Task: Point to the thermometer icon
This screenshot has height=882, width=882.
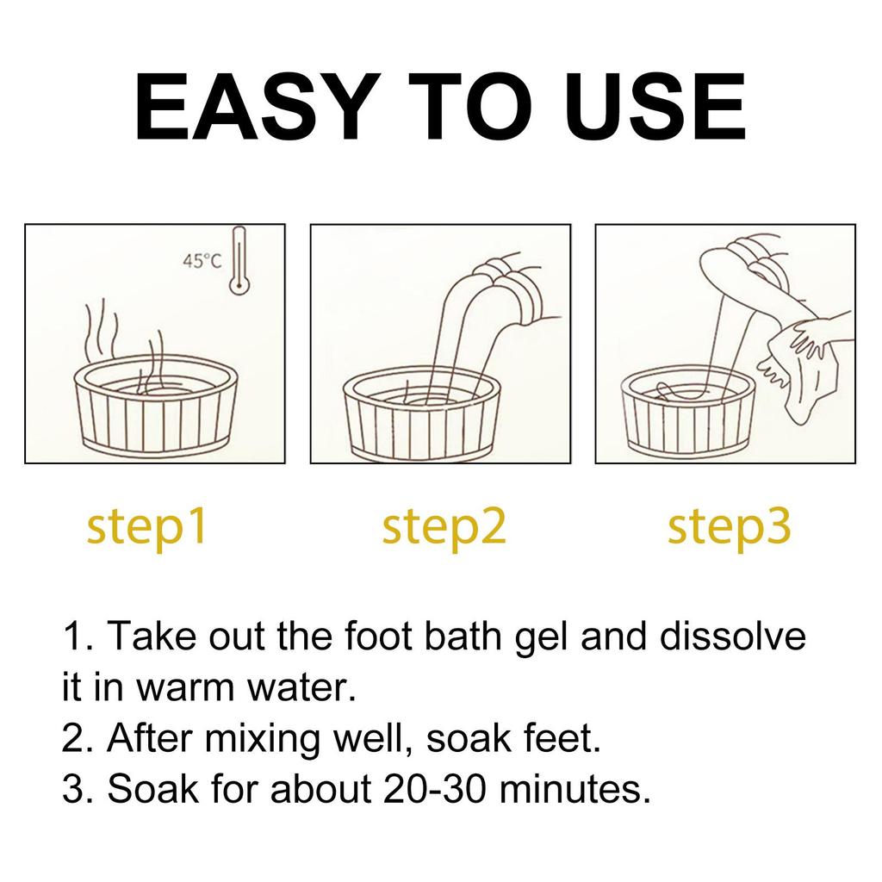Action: tap(237, 262)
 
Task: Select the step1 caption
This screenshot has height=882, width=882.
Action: tap(146, 527)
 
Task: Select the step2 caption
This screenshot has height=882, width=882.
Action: tap(444, 527)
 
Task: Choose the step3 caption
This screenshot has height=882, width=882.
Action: tap(729, 527)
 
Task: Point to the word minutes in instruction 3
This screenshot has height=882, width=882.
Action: tap(585, 788)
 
